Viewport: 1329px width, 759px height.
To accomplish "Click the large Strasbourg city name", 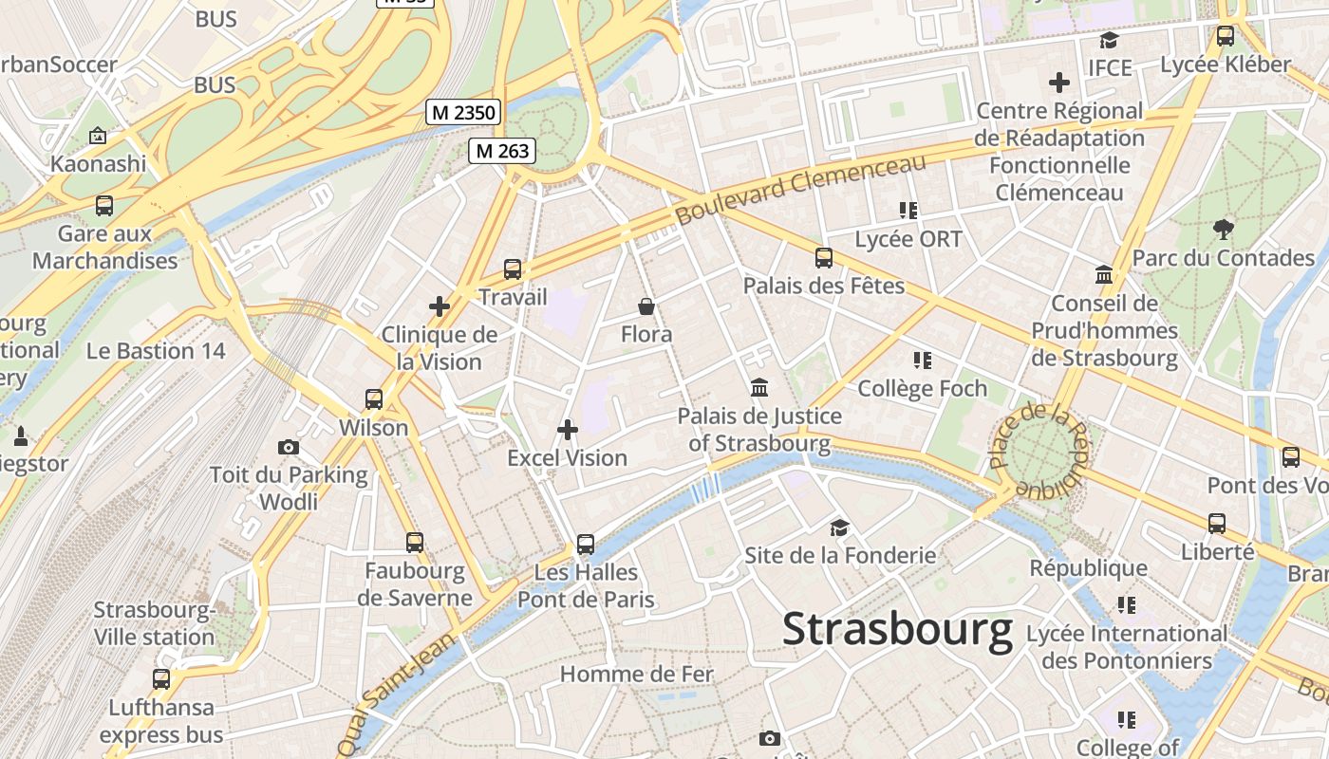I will point(897,630).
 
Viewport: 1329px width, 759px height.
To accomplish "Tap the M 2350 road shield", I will point(463,113).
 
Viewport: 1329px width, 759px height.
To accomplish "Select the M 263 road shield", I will point(502,151).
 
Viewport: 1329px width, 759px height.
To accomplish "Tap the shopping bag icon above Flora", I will point(646,306).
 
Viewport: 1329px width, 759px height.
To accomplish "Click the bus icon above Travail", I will point(513,269).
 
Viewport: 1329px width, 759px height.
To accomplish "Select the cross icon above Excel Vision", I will point(568,430).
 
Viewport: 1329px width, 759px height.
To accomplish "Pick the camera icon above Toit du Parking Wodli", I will point(289,447).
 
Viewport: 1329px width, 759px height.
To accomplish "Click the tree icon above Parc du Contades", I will point(1223,229).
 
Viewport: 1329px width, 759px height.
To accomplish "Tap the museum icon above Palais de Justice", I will point(759,387).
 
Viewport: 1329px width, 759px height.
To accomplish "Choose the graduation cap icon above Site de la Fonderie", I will point(839,528).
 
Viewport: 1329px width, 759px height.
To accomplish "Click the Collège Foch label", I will point(922,388).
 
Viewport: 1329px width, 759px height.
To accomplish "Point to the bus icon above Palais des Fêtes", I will point(824,257).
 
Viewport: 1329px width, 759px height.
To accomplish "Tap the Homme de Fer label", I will point(636,675).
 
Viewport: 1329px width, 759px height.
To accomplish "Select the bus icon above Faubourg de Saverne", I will point(415,543).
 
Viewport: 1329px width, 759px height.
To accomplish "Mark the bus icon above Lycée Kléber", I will point(1226,37).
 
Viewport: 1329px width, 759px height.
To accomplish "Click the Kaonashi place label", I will point(98,163).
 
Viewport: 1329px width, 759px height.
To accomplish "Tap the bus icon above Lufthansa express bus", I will point(161,679).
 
